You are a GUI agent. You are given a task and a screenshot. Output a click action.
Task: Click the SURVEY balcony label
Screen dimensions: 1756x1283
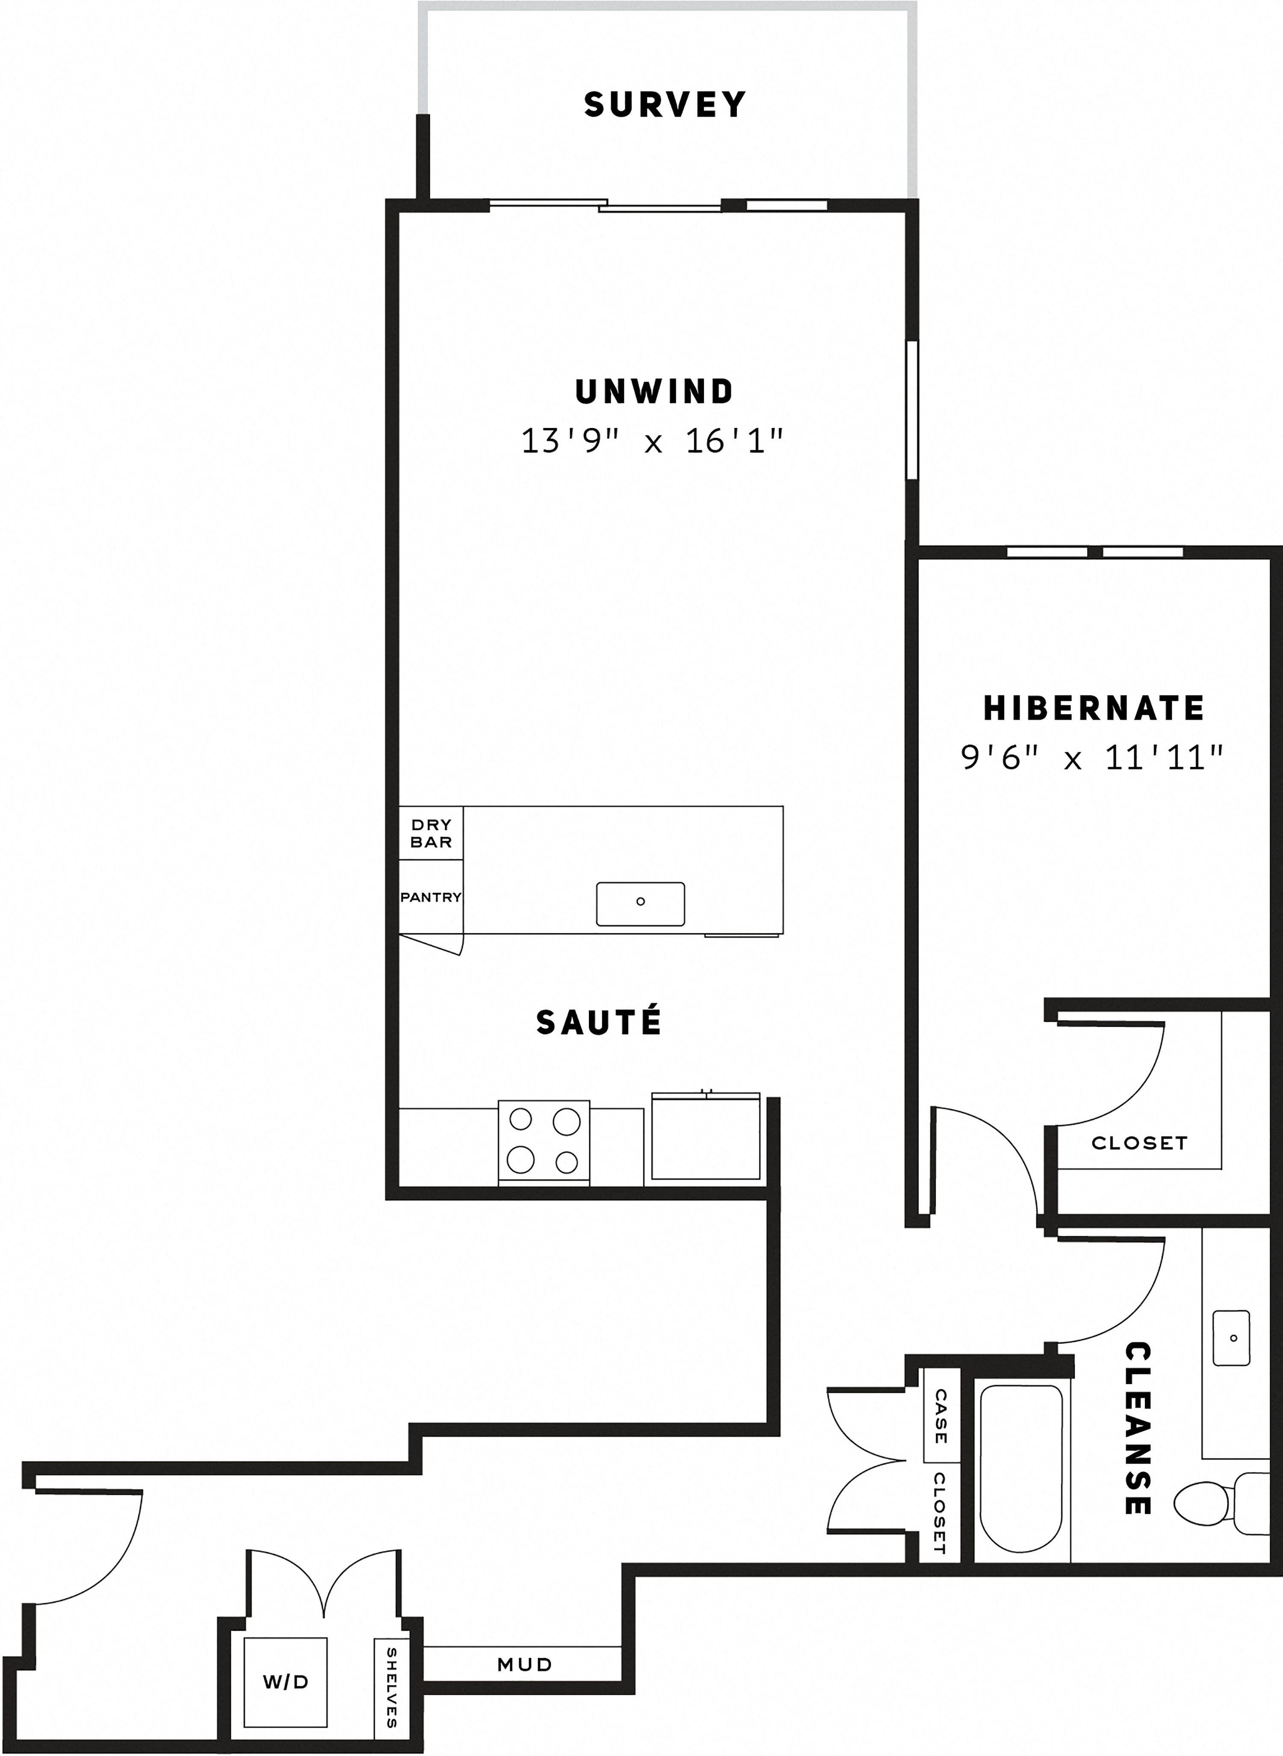665,104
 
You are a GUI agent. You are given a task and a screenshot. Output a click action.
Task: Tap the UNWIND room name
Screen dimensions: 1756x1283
654,392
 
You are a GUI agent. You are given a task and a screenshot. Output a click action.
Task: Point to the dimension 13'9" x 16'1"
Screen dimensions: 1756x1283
652,441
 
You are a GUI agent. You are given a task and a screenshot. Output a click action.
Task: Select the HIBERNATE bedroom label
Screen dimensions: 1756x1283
1094,708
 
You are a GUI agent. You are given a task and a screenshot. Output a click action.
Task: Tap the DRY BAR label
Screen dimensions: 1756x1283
431,833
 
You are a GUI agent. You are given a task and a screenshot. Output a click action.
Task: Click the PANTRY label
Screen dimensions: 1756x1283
431,897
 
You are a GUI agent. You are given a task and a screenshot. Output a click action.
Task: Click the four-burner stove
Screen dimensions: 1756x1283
544,1142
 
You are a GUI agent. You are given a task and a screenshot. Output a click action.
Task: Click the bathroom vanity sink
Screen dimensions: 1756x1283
1232,1338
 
